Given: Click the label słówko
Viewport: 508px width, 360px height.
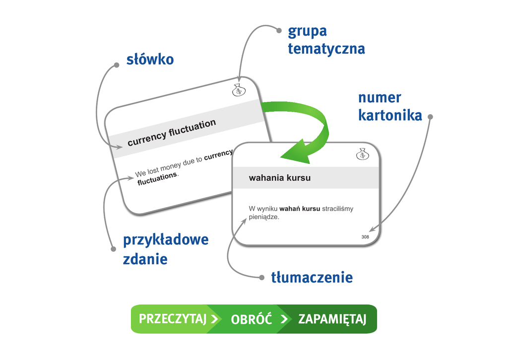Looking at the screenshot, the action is [x=149, y=60].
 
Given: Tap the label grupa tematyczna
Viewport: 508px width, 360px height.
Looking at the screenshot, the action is [x=326, y=40].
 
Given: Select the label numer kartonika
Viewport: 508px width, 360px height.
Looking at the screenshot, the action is [x=390, y=106].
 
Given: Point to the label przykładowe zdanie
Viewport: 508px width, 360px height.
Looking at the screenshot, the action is [x=166, y=249].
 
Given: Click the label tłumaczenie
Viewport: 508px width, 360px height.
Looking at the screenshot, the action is [x=312, y=277].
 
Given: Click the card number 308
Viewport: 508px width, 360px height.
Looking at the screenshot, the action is [x=365, y=237].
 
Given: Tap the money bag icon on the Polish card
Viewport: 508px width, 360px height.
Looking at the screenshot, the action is [x=363, y=154].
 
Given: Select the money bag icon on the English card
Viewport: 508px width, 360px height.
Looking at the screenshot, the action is [x=239, y=90].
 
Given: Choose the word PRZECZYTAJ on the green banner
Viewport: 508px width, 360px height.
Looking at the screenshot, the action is [x=172, y=319].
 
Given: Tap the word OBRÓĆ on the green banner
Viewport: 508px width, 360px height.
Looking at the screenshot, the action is [x=252, y=319].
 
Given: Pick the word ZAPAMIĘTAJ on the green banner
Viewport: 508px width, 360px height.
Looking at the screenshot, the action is [x=332, y=319].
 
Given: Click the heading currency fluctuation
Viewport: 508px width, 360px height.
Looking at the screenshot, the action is [x=172, y=133].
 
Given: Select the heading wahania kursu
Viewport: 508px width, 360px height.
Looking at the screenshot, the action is [x=280, y=178].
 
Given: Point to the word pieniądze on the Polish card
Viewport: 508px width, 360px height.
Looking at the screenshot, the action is [x=264, y=216].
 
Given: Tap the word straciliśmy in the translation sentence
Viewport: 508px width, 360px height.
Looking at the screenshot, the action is [x=337, y=209].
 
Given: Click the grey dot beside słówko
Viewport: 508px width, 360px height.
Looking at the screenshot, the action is [x=117, y=65].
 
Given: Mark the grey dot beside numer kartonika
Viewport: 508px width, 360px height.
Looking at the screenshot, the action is [x=430, y=117].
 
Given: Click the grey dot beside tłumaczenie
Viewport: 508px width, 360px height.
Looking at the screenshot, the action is [x=262, y=277].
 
